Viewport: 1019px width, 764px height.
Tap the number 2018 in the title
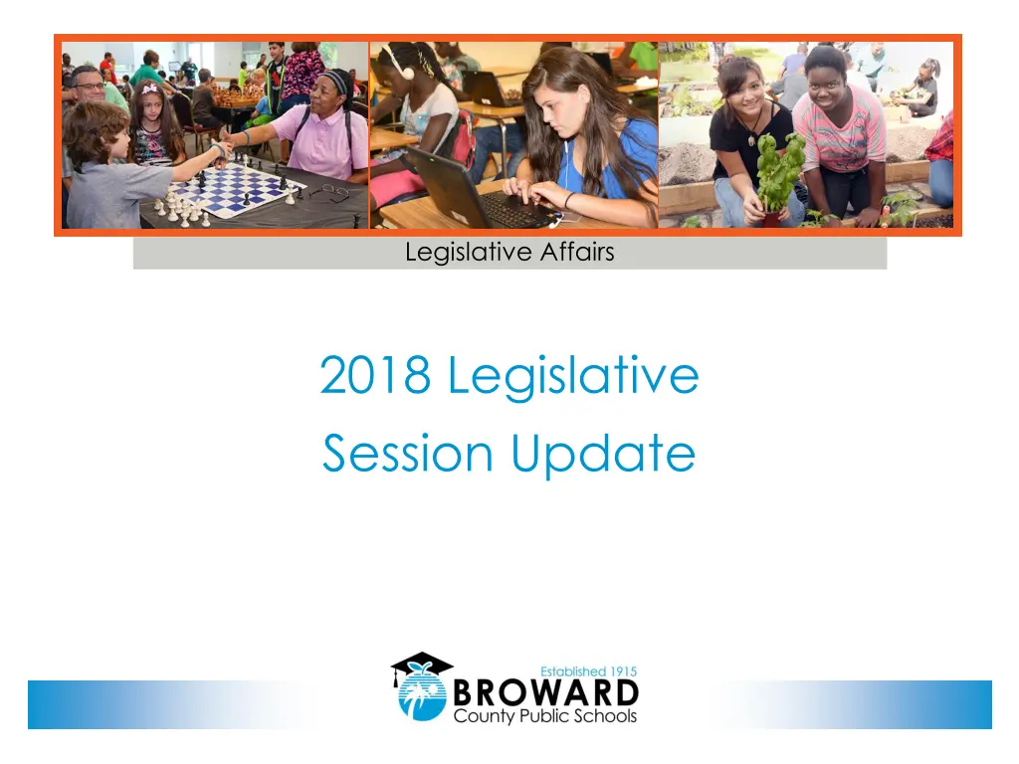(375, 375)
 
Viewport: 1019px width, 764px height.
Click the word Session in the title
(407, 453)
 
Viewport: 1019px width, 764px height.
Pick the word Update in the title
(603, 456)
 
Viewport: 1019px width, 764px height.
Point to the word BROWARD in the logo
(545, 692)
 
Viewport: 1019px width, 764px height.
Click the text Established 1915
(589, 671)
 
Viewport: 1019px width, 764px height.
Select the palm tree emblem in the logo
(422, 696)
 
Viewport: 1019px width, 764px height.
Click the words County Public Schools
(545, 716)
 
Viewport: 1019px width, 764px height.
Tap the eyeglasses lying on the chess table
(330, 191)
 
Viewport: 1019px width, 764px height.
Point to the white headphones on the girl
(398, 63)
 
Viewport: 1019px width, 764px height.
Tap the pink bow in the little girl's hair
(151, 89)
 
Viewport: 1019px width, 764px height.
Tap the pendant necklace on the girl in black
(752, 138)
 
